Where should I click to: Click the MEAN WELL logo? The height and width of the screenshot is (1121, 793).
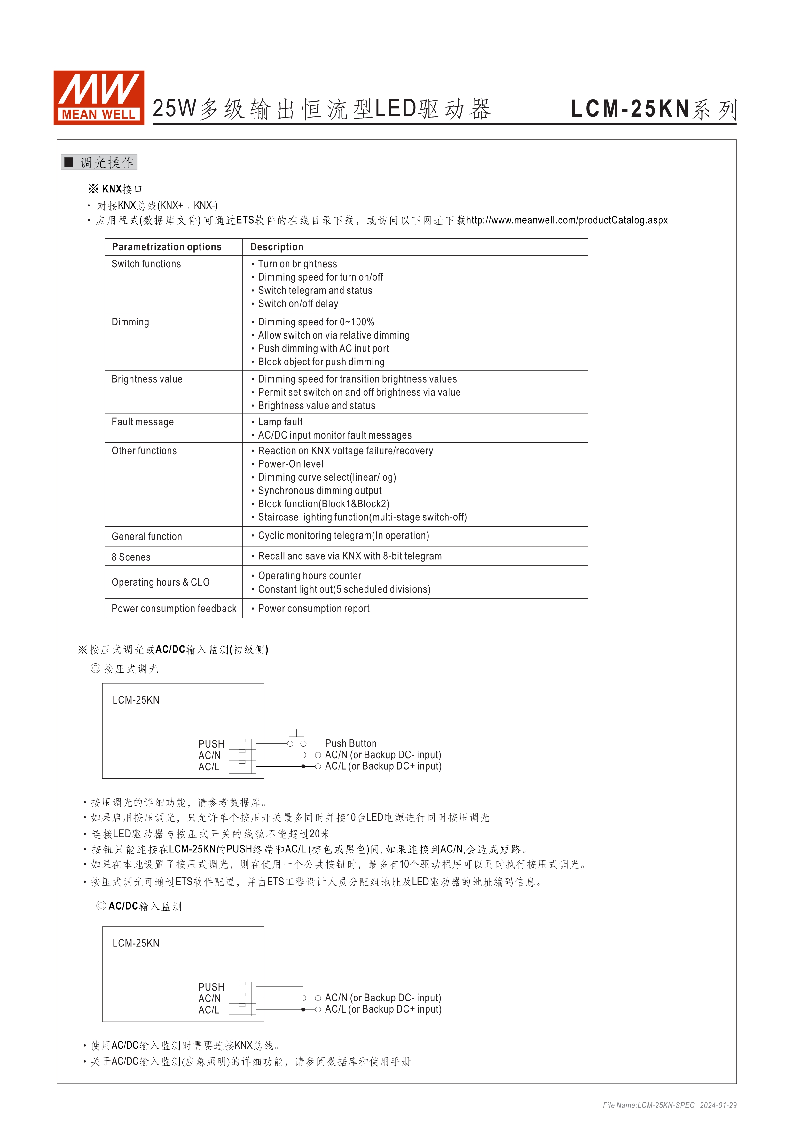(98, 97)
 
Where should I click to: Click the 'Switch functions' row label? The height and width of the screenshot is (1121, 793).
(146, 264)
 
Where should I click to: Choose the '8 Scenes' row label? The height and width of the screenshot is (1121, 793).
(131, 557)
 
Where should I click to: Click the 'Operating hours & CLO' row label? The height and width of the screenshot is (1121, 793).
(160, 582)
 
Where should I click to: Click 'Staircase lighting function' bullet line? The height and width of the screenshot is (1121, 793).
(362, 518)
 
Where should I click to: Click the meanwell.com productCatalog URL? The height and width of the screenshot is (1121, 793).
(566, 220)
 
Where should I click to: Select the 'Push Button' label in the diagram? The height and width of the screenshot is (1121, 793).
(350, 743)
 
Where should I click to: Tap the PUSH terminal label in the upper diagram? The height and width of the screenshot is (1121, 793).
(211, 744)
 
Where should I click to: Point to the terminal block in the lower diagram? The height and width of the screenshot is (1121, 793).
(242, 999)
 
